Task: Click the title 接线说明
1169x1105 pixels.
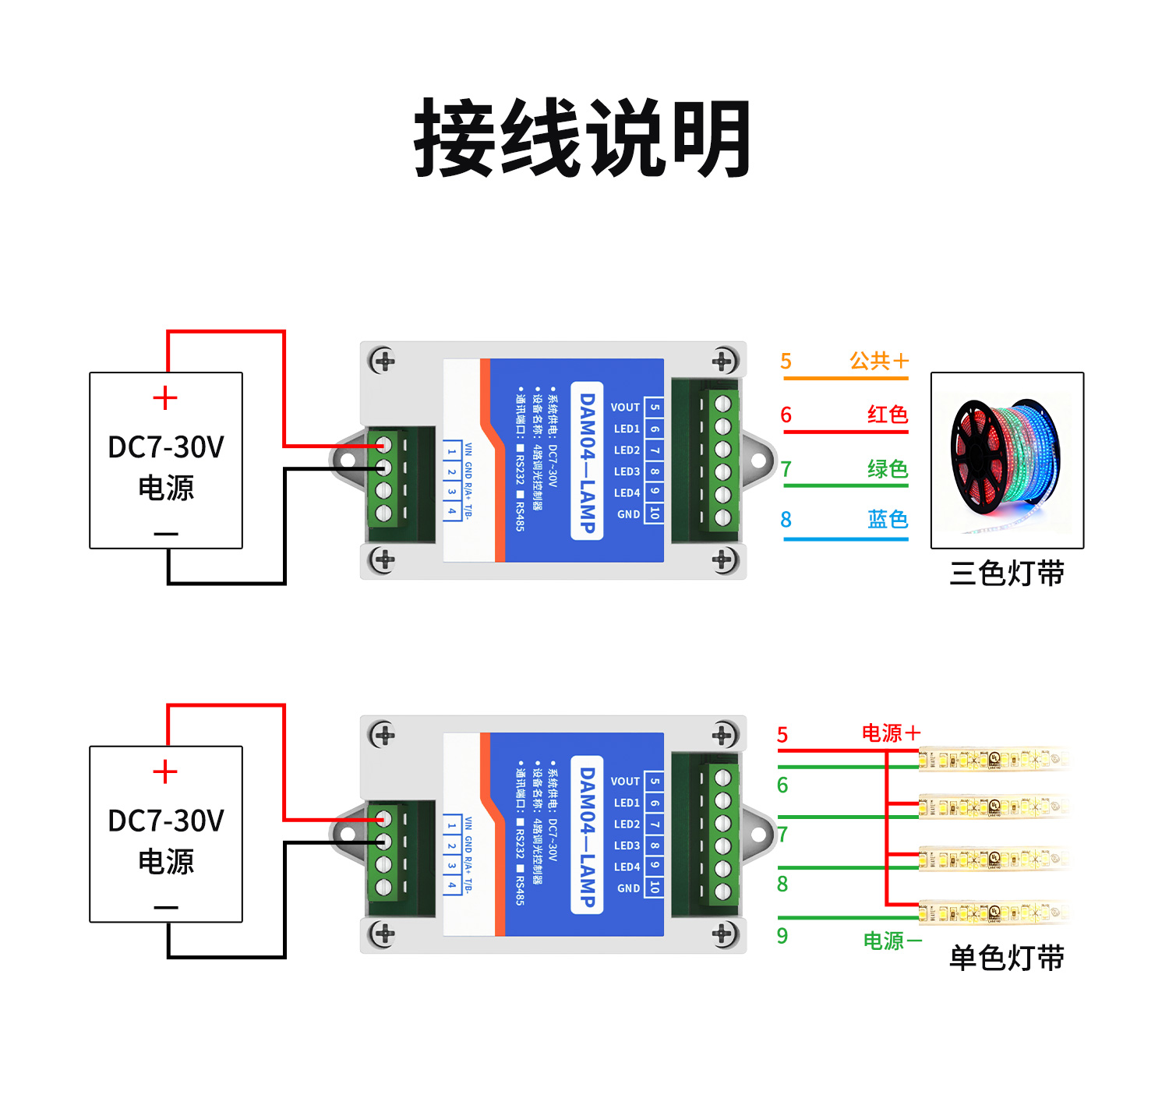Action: coord(583,138)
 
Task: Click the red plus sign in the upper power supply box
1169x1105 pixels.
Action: coord(165,398)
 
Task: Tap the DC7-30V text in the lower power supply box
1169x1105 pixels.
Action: coord(166,821)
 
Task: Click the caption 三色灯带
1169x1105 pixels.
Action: coord(1006,573)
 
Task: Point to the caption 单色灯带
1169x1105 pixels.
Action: coord(1006,958)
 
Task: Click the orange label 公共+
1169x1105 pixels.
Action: coord(879,361)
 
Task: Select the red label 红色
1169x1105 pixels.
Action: coord(888,415)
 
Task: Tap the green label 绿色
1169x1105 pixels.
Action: coord(888,469)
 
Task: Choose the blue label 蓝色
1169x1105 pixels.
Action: coord(888,520)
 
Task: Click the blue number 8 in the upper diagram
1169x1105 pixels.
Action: coord(786,520)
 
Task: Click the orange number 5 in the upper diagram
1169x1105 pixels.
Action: coord(786,362)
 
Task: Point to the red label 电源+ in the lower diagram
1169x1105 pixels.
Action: coord(891,733)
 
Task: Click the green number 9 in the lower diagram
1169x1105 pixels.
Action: coord(782,936)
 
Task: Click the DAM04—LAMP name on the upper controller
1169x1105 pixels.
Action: coord(587,461)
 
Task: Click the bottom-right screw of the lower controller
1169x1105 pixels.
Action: coord(722,933)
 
